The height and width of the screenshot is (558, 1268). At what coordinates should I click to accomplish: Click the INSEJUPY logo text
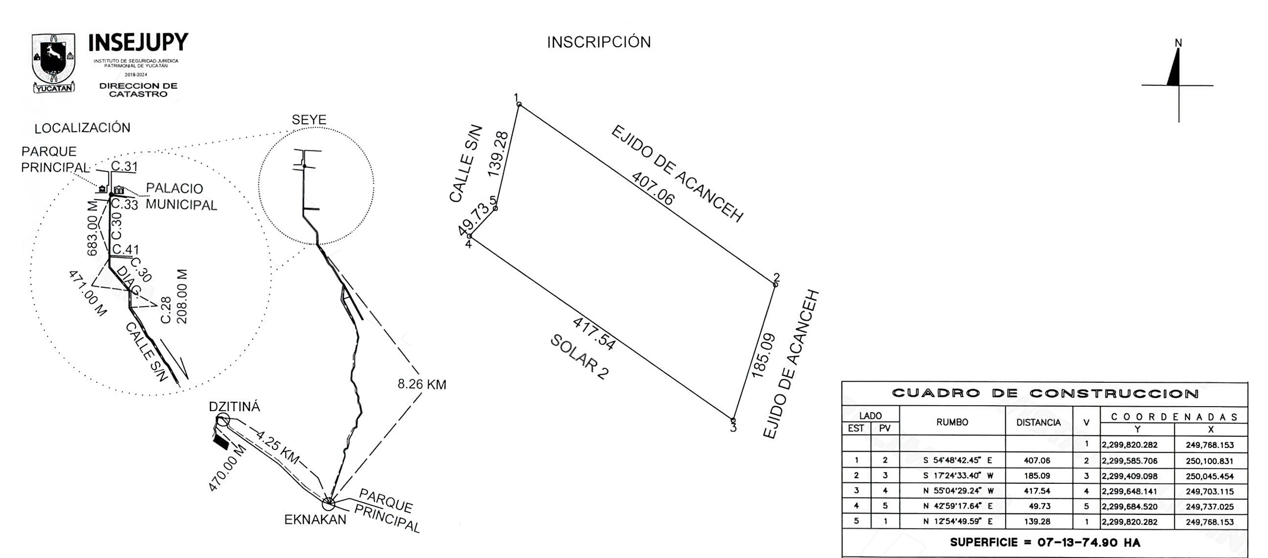click(138, 43)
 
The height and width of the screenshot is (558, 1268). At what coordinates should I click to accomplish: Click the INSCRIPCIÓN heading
click(598, 42)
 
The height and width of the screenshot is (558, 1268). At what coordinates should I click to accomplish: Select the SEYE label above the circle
click(309, 120)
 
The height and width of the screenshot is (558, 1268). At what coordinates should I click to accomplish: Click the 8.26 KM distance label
click(421, 384)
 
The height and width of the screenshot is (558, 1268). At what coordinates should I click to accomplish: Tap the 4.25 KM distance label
click(277, 447)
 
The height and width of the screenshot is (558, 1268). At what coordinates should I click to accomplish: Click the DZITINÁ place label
click(234, 407)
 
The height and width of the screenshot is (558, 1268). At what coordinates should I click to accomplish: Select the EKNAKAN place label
click(315, 519)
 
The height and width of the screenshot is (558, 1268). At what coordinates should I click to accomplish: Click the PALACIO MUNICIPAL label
click(181, 196)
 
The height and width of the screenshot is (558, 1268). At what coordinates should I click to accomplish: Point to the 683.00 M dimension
click(92, 228)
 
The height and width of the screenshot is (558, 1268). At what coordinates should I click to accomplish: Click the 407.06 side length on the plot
click(653, 189)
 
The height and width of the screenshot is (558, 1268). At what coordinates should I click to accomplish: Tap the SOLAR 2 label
click(579, 356)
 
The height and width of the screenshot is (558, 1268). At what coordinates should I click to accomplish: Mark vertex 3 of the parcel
click(733, 420)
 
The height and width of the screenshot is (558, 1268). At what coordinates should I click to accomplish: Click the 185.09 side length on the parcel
click(763, 355)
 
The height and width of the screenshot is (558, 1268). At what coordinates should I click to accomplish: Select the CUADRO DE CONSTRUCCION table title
click(1045, 393)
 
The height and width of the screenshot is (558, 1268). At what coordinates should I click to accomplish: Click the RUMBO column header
click(952, 422)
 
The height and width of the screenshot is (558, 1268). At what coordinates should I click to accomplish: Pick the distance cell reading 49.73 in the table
click(1039, 506)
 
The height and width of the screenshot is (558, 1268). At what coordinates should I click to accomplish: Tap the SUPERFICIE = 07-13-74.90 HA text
click(1045, 542)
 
